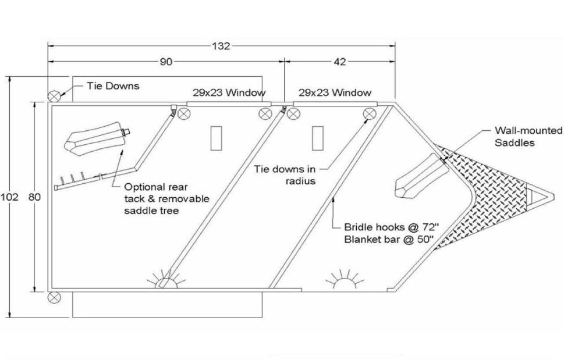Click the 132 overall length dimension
[x=221, y=47]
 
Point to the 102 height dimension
[x=10, y=197]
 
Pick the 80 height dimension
[x=34, y=197]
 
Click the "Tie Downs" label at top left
[x=113, y=86]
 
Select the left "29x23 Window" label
[x=229, y=92]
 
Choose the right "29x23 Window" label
[x=335, y=92]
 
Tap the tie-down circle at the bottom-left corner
[x=54, y=297]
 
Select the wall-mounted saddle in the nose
[x=420, y=177]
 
